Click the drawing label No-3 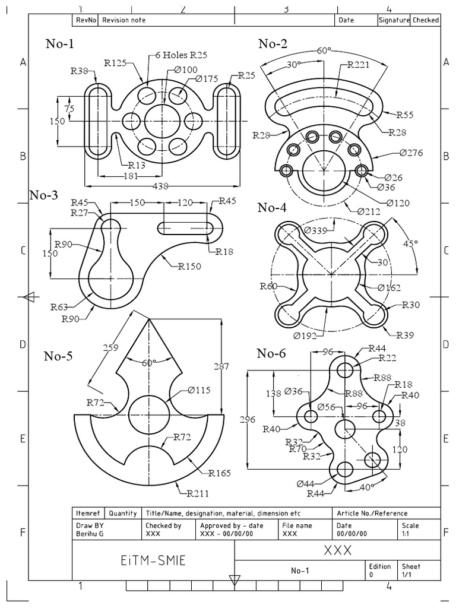[44, 195]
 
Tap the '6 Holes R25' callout [181, 55]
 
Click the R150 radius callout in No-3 [189, 266]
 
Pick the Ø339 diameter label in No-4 [316, 230]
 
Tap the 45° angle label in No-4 [410, 243]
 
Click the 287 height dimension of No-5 [220, 367]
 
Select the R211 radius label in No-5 [198, 492]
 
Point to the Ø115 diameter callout [199, 390]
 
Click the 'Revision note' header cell [124, 20]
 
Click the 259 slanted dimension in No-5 [110, 349]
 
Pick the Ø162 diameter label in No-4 [389, 288]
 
